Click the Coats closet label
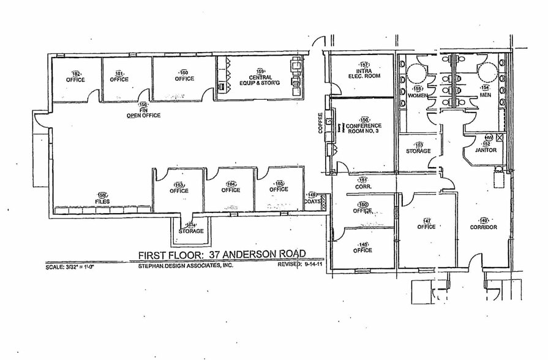[312, 200]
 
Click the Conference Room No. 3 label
[364, 127]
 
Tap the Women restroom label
[418, 96]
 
